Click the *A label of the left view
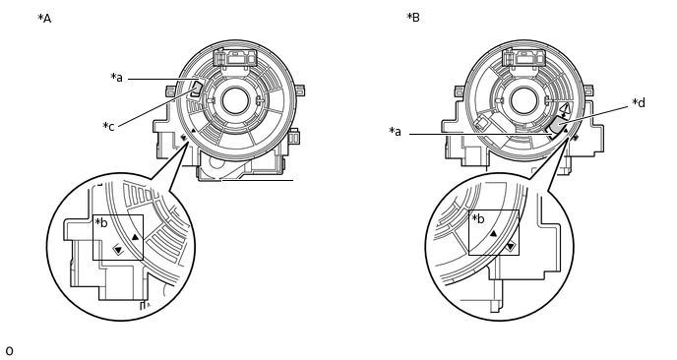coord(44,19)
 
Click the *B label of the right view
coord(413,18)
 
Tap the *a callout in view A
coord(116,78)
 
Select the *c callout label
coord(108,127)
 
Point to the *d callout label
coord(639,102)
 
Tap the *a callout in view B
coord(395,131)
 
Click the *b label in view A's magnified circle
coord(101,222)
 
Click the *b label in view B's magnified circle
coord(478,218)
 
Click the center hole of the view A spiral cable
coord(235,100)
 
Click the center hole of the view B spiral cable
coord(523,100)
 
